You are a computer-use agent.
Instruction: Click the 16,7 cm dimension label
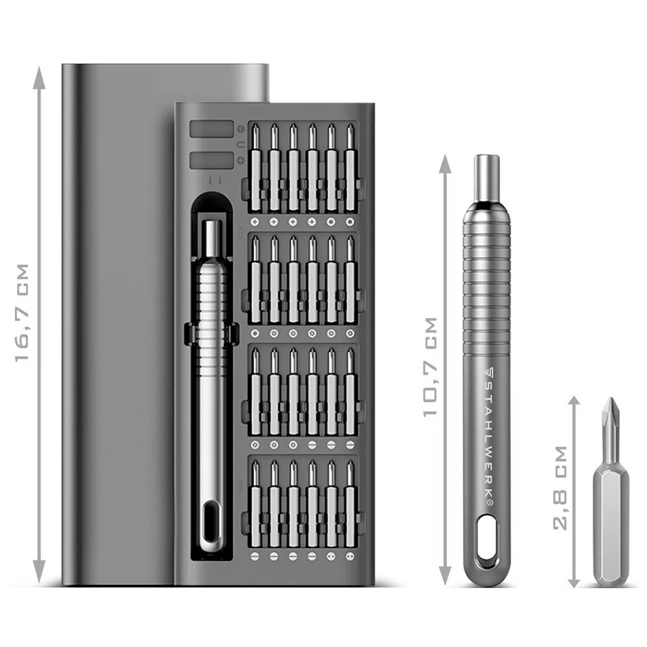(22, 313)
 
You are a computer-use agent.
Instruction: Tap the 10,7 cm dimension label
(430, 367)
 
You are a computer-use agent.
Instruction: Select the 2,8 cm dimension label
(560, 487)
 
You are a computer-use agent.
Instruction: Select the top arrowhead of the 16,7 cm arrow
(39, 78)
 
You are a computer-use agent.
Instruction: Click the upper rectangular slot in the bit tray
(212, 129)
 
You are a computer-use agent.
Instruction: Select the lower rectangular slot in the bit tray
(212, 160)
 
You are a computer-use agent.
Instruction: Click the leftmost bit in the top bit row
(256, 167)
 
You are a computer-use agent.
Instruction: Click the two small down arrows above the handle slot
(215, 180)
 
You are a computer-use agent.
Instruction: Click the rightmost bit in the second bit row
(350, 279)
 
